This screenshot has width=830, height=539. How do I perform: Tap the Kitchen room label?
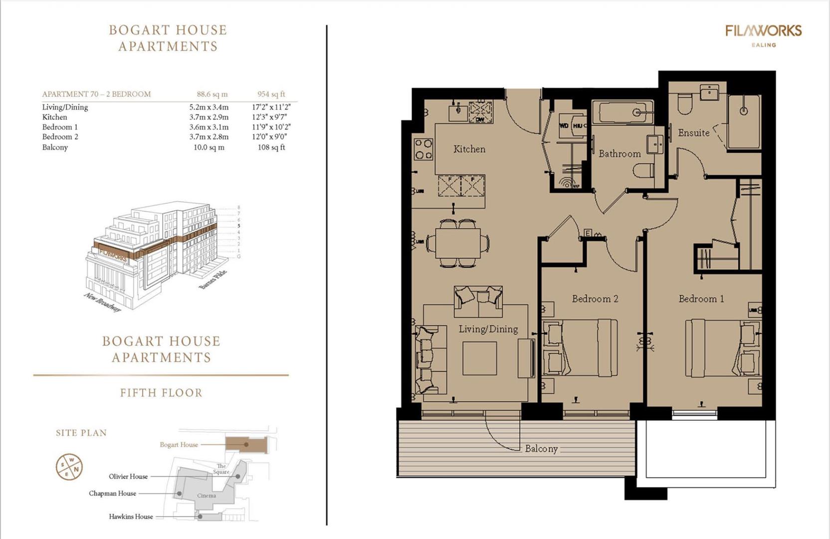469,149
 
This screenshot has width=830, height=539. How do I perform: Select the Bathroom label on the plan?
620,154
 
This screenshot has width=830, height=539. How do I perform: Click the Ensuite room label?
693,133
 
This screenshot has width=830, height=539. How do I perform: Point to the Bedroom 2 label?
595,298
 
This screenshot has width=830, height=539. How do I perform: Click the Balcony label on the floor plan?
541,449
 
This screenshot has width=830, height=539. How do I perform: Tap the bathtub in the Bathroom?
622,113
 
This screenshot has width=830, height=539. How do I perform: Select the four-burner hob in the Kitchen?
423,149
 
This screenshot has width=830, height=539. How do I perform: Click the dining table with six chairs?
457,243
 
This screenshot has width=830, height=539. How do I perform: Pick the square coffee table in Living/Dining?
479,358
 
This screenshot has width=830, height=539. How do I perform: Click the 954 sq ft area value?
271,94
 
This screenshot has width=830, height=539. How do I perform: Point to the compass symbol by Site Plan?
69,467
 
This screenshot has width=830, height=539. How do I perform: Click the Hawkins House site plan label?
131,517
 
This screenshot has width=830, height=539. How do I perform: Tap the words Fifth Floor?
161,393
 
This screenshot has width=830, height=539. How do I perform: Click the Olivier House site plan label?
128,476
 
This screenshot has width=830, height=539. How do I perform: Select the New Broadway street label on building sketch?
102,302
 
